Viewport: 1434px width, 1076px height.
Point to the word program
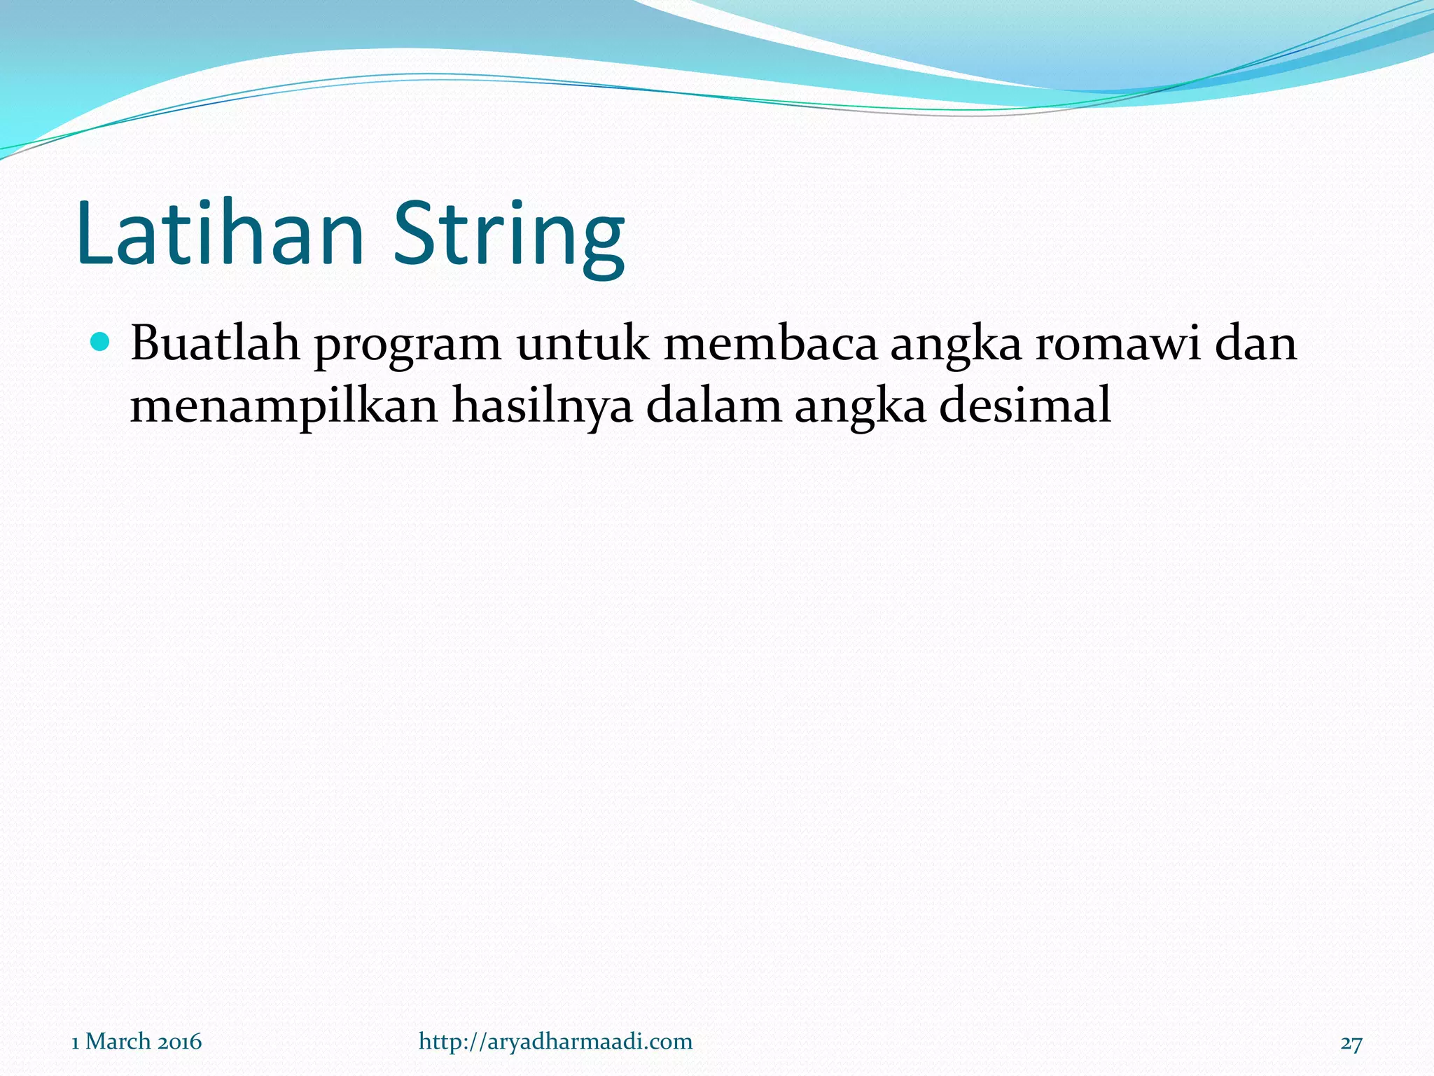pos(407,347)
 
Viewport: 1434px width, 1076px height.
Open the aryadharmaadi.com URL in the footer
pos(555,1041)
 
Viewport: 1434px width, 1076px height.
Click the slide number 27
pos(1351,1043)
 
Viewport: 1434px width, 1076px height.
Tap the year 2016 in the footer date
pos(179,1042)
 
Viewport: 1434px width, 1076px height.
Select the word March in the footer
pos(118,1042)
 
